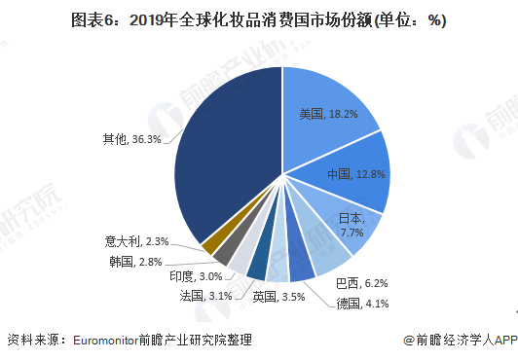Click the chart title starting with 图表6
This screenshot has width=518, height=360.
(258, 20)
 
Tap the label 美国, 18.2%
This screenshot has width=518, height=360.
(328, 114)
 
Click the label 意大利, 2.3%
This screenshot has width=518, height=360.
(137, 241)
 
